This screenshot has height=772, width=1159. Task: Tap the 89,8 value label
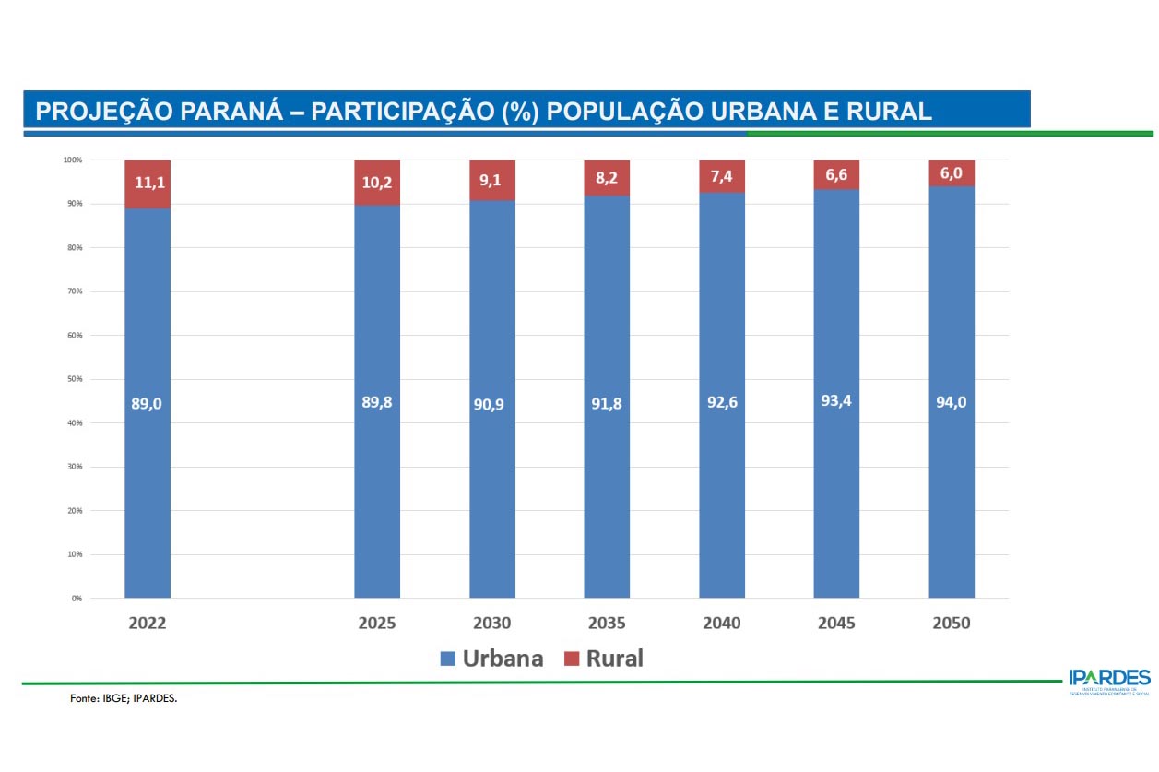point(377,402)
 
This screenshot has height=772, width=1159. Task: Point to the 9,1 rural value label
point(491,181)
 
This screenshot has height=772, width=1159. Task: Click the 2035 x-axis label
point(606,624)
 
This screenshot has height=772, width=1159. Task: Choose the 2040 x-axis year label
point(721,624)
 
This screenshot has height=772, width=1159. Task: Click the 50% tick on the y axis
point(73,379)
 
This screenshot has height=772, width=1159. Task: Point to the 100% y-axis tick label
point(72,160)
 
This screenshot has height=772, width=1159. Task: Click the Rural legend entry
point(603,659)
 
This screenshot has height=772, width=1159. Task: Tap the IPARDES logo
point(1109,681)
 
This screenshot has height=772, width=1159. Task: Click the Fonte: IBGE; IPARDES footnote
point(124,699)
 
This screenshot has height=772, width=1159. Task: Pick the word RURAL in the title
point(889,112)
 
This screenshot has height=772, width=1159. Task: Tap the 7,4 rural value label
point(721,176)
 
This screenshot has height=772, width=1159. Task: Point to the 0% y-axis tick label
point(76,599)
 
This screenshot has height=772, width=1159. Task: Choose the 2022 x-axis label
point(148,624)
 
